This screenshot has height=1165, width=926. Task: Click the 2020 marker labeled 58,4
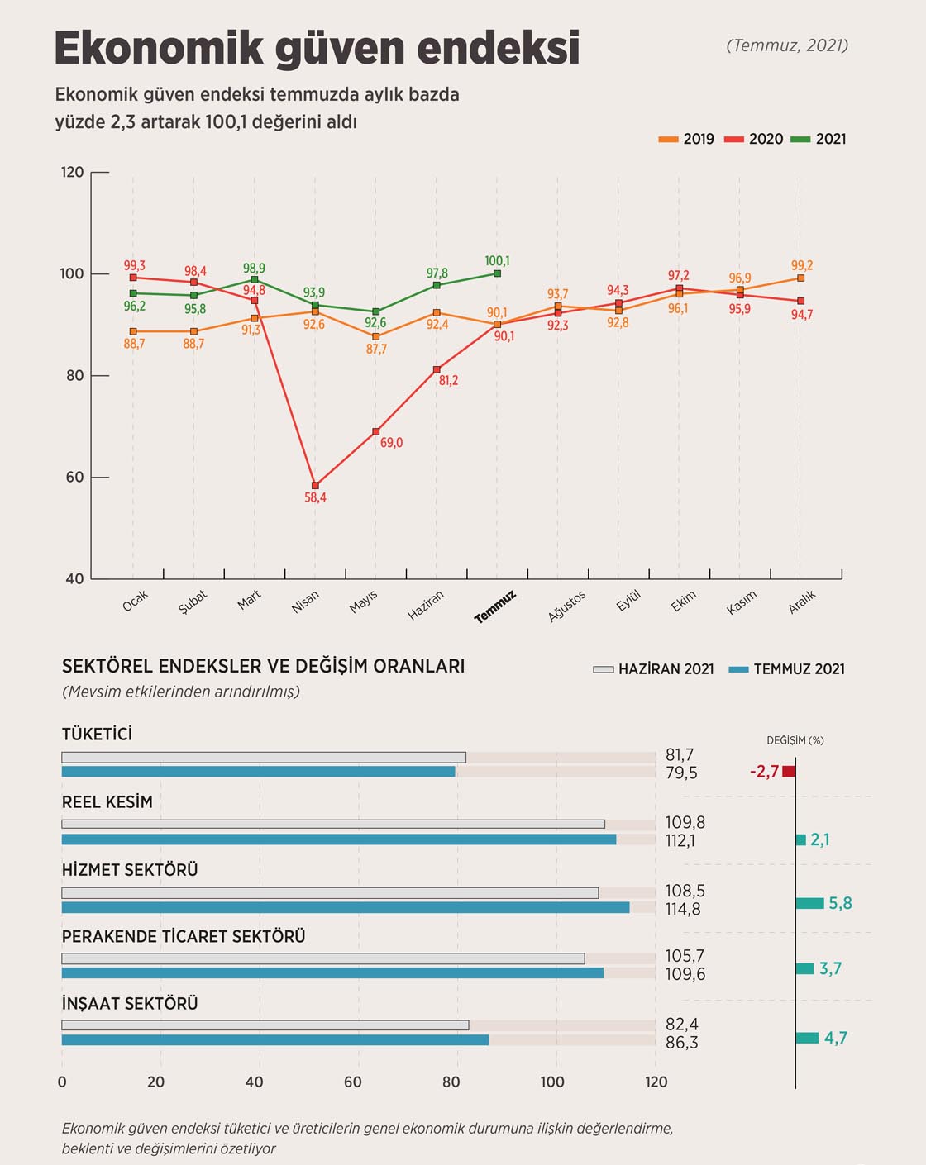pos(315,485)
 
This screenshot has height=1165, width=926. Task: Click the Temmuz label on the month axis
pos(495,606)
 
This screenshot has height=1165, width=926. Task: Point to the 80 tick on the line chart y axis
pos(75,375)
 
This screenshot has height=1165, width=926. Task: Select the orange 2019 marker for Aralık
pos(800,278)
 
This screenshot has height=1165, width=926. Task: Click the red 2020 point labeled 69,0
pos(376,431)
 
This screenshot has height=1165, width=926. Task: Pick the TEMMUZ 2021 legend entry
pos(787,669)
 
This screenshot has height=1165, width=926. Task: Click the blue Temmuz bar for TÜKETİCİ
pos(258,772)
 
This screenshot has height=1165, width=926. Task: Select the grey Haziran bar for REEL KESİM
pos(333,824)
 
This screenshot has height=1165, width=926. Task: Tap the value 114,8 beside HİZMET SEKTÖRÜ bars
pos(683,909)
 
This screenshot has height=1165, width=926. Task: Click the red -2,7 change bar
pos(789,772)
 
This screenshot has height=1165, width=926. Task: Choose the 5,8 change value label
pos(840,903)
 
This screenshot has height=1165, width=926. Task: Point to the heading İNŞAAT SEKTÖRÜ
pos(130,1003)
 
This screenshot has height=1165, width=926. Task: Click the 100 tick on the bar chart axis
pos(552,1082)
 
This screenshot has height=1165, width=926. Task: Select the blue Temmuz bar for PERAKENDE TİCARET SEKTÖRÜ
pos(332,973)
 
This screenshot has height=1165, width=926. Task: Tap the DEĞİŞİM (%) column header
pos(795,740)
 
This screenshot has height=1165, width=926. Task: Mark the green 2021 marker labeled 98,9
pos(255,280)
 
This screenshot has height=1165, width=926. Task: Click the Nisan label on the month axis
pos(305,602)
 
